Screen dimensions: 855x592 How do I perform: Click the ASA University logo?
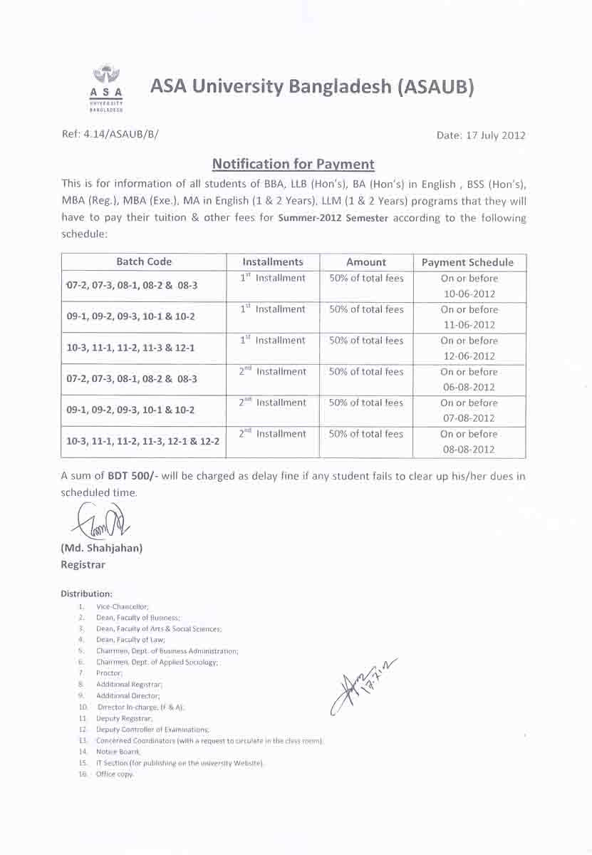(x=106, y=88)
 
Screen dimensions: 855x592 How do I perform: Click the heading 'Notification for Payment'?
(x=293, y=164)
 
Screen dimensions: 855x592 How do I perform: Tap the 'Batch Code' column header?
(x=144, y=261)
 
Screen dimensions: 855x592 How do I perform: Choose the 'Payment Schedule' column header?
(x=467, y=262)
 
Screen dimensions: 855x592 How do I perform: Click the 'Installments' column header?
(x=272, y=261)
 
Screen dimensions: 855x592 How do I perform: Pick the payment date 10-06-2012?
(x=469, y=294)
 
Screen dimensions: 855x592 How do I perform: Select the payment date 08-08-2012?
(x=469, y=450)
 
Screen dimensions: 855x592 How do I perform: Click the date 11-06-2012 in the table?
(x=469, y=325)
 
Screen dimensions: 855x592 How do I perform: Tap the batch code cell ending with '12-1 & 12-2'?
(x=142, y=442)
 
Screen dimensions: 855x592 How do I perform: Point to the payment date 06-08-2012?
(x=469, y=388)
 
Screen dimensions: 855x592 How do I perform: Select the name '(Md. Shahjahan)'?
(x=102, y=548)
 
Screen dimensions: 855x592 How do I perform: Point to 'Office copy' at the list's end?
(x=115, y=774)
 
